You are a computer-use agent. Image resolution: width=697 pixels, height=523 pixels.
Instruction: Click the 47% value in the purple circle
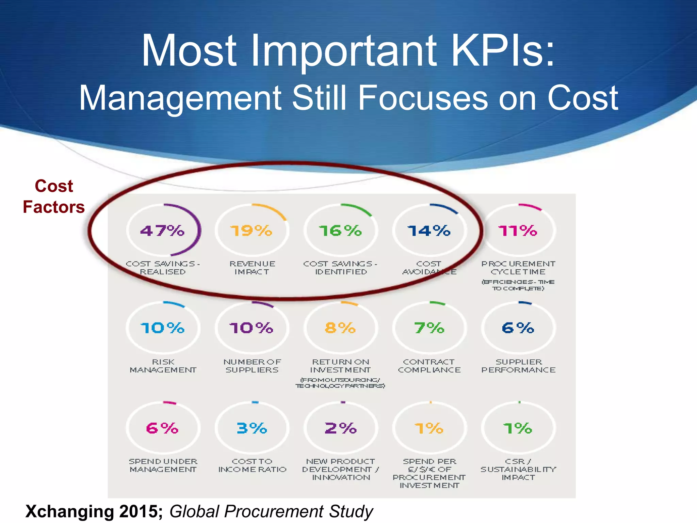162,231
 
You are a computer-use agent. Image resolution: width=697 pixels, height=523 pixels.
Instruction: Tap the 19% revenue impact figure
251,231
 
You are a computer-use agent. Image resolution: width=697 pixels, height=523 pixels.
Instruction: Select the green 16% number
340,231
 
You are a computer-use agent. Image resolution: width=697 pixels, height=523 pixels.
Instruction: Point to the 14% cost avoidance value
429,231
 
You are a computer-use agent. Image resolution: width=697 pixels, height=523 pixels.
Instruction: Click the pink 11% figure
518,231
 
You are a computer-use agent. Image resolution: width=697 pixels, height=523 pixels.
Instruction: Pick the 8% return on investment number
340,328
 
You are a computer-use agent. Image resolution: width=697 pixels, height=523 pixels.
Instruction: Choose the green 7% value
429,328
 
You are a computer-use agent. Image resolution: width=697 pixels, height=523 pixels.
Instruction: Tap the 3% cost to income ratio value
252,428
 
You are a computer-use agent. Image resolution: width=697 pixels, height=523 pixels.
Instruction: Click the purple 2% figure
340,428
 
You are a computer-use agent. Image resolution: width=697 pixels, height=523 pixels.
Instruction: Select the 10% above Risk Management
162,328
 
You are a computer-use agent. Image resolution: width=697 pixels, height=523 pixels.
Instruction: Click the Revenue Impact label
252,268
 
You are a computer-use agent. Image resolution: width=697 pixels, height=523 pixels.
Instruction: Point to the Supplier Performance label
518,366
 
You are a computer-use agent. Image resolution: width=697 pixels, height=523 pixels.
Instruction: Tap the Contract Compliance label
429,366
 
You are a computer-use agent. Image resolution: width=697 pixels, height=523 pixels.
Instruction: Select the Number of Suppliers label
252,366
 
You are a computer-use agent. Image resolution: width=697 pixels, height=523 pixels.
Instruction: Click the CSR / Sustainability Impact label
518,469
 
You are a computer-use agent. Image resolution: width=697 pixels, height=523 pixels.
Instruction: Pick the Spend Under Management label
163,465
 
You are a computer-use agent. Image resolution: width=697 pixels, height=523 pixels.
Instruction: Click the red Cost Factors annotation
54,196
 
